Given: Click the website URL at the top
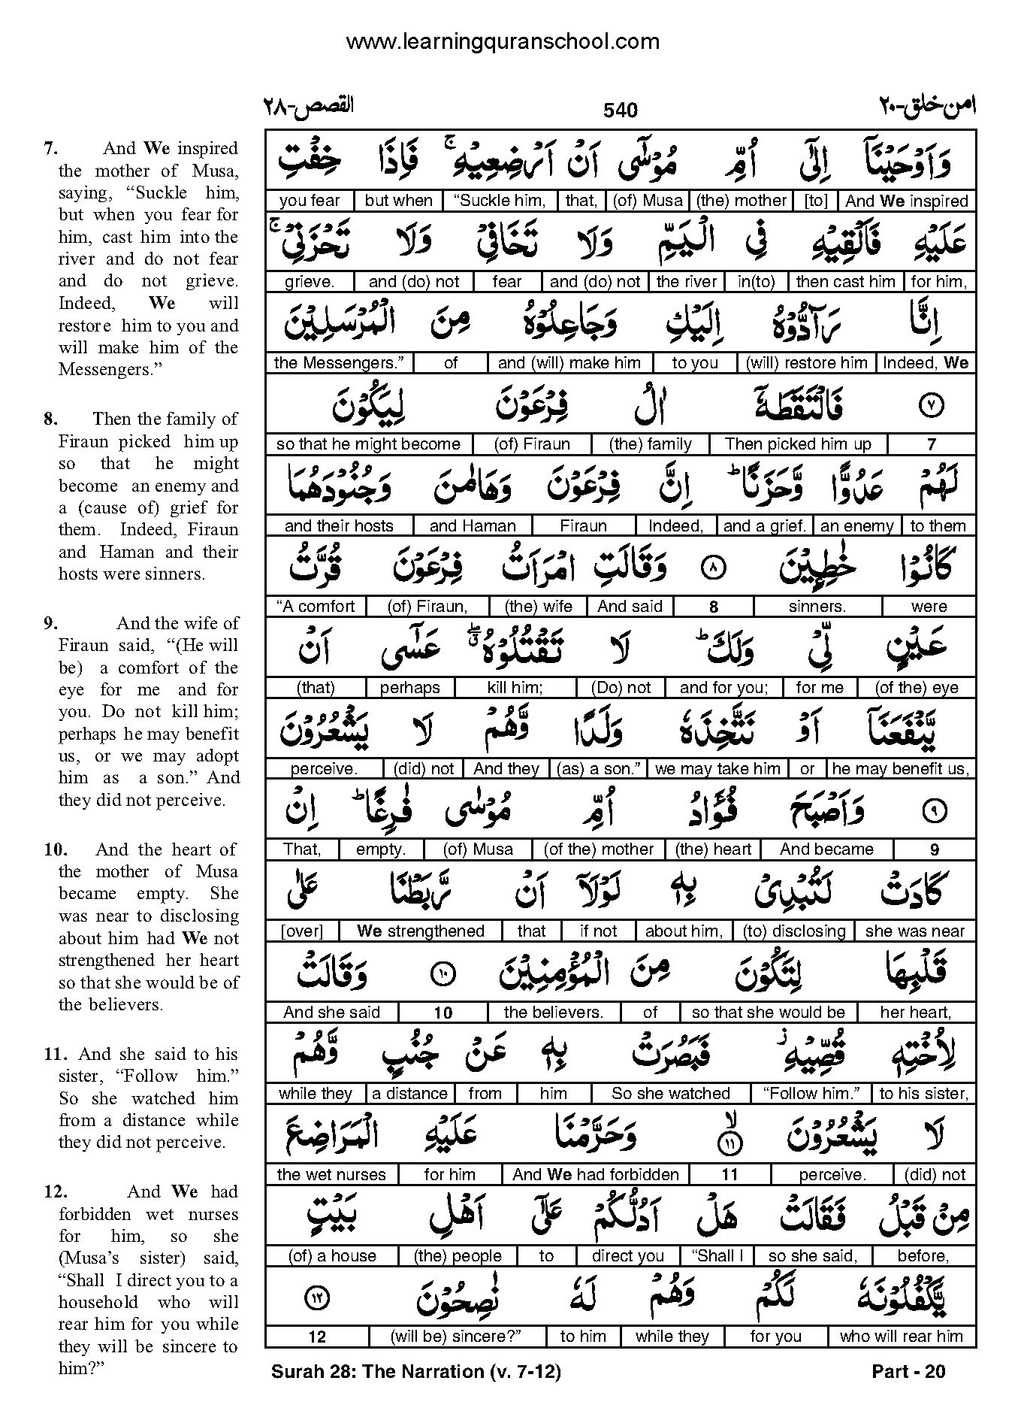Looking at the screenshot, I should (502, 41).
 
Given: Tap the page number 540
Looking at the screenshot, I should (620, 111).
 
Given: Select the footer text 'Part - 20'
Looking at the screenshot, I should (908, 1371).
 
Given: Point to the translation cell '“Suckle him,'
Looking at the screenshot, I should (500, 201).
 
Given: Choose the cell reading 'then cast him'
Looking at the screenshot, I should (845, 282).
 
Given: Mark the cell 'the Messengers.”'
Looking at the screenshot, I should (339, 363).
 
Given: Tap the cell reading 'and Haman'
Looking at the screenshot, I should (473, 526).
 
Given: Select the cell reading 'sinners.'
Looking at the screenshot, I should (817, 607).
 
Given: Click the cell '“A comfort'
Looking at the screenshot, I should (316, 607).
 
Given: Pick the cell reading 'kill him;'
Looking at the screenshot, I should (515, 688).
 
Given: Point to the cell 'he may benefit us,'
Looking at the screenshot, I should (900, 769).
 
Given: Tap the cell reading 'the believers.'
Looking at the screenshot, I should (553, 1013).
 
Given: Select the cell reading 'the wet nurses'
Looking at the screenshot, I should (331, 1175).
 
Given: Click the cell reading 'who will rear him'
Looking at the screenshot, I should (901, 1337).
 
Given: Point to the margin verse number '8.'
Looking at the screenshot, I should (50, 419).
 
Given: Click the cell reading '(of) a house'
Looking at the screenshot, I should (331, 1255).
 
